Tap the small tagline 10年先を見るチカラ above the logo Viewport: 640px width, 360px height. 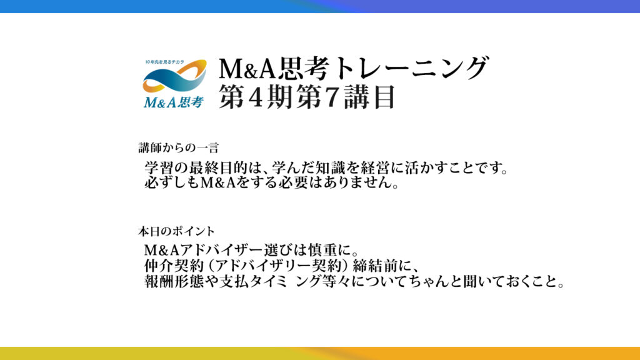pos(165,62)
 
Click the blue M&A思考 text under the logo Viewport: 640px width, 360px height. pos(174,102)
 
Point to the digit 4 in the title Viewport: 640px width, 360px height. pos(255,97)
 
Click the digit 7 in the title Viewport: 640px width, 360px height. pos(333,97)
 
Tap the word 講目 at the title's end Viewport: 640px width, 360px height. pos(369,97)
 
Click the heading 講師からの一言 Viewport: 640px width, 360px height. pos(179,147)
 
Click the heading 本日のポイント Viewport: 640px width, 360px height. pos(176,231)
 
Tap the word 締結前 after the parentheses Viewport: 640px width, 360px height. pos(374,266)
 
